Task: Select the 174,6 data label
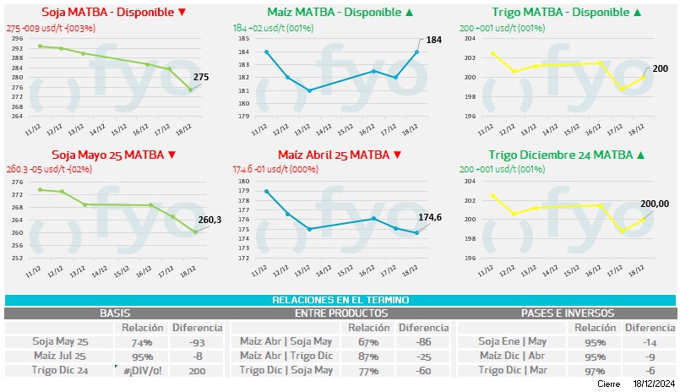pos(430,217)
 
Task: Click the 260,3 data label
pos(209,220)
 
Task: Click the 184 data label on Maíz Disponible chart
pos(433,40)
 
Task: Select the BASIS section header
pos(115,313)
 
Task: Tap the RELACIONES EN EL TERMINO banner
pos(340,300)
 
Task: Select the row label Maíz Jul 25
pos(61,357)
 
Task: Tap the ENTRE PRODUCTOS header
pos(340,313)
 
